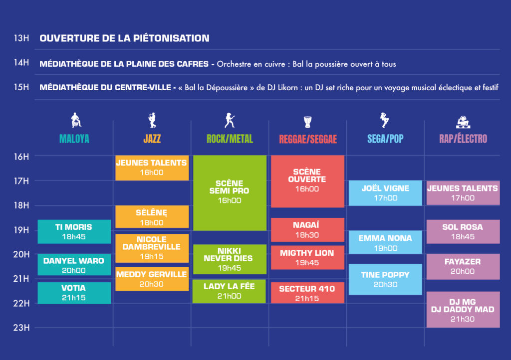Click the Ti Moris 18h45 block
[x=74, y=231]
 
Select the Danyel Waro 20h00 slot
[x=74, y=265]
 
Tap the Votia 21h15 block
[x=74, y=293]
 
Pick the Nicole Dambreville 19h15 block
[x=152, y=248]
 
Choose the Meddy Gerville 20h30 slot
[x=152, y=279]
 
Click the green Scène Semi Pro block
[x=230, y=192]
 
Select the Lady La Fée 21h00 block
[x=229, y=291]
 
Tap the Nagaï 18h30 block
[x=307, y=230]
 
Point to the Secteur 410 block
[x=307, y=293]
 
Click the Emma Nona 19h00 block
[x=385, y=242]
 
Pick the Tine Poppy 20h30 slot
[x=385, y=279]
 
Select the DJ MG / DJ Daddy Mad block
[x=463, y=310]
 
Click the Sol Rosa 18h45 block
[x=463, y=231]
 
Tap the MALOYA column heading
[x=74, y=139]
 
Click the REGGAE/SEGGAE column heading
[x=308, y=139]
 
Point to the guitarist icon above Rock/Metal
[x=230, y=120]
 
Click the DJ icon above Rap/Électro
[x=463, y=122]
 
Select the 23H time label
[x=21, y=328]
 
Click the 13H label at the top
[x=21, y=38]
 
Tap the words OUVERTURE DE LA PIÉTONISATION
[x=124, y=38]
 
